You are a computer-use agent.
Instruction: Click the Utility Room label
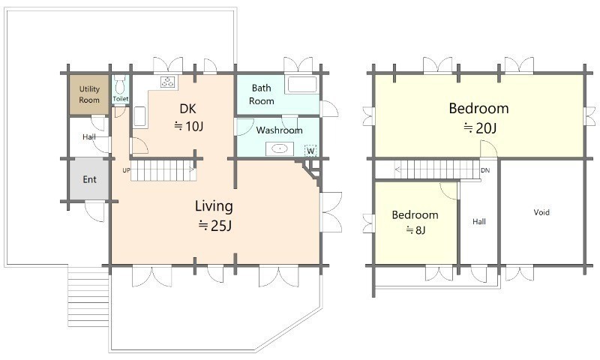(89, 94)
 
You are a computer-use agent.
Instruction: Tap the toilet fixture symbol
(120, 85)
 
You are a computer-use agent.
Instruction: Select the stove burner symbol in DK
(167, 82)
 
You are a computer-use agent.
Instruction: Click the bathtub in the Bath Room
(302, 85)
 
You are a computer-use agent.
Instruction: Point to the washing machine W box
(310, 151)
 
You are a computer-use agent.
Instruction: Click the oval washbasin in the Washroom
(280, 148)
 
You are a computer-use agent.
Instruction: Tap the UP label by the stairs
(126, 170)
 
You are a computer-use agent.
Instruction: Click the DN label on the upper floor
(485, 170)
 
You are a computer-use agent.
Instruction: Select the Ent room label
(89, 179)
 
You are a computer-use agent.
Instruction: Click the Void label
(541, 212)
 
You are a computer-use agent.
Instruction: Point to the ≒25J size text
(215, 226)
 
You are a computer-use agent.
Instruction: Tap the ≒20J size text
(480, 127)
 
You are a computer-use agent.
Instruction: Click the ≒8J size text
(415, 230)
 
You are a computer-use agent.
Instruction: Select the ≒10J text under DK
(189, 126)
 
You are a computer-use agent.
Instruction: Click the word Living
(214, 206)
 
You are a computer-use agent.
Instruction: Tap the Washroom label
(279, 130)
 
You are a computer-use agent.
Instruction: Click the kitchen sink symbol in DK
(139, 116)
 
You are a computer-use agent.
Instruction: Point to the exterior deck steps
(88, 297)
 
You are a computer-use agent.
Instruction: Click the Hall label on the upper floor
(479, 221)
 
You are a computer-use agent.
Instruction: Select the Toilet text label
(121, 99)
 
